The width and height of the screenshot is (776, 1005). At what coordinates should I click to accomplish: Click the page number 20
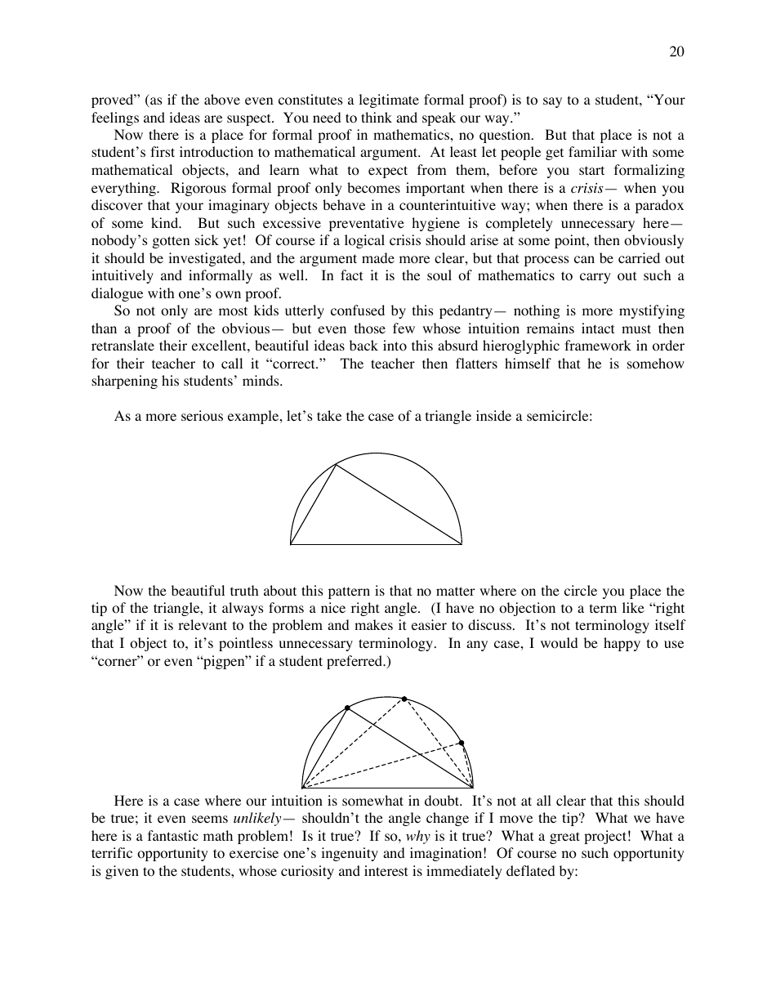tap(676, 52)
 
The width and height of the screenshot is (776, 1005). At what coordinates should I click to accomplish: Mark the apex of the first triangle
tap(337, 465)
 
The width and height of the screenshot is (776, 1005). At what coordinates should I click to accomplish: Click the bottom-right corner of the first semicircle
tap(462, 543)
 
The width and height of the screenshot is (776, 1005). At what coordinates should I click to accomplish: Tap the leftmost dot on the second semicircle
tap(347, 708)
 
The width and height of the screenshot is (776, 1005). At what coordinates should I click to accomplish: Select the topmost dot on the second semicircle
tap(404, 699)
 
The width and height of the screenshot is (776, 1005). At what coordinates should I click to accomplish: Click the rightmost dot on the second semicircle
tap(462, 743)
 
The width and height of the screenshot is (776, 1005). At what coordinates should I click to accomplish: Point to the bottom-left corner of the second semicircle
tap(302, 788)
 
